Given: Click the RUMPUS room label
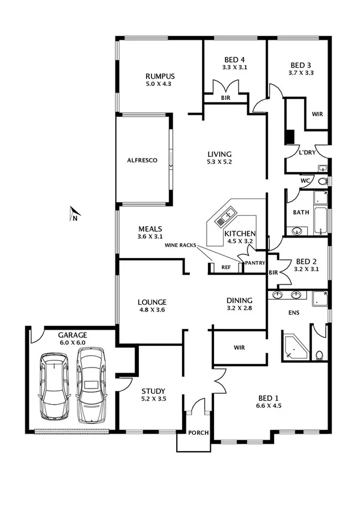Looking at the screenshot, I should click(159, 76).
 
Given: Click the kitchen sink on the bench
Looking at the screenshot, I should click(228, 214).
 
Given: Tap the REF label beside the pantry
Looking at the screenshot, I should click(226, 268).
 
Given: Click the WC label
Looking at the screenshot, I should click(305, 180).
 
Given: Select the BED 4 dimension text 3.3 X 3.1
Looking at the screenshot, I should click(234, 68).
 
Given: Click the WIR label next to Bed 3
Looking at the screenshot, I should click(318, 114).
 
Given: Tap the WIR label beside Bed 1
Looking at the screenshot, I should click(239, 348).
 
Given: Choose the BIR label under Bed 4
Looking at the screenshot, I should click(225, 97).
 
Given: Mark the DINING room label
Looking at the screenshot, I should click(239, 301).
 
